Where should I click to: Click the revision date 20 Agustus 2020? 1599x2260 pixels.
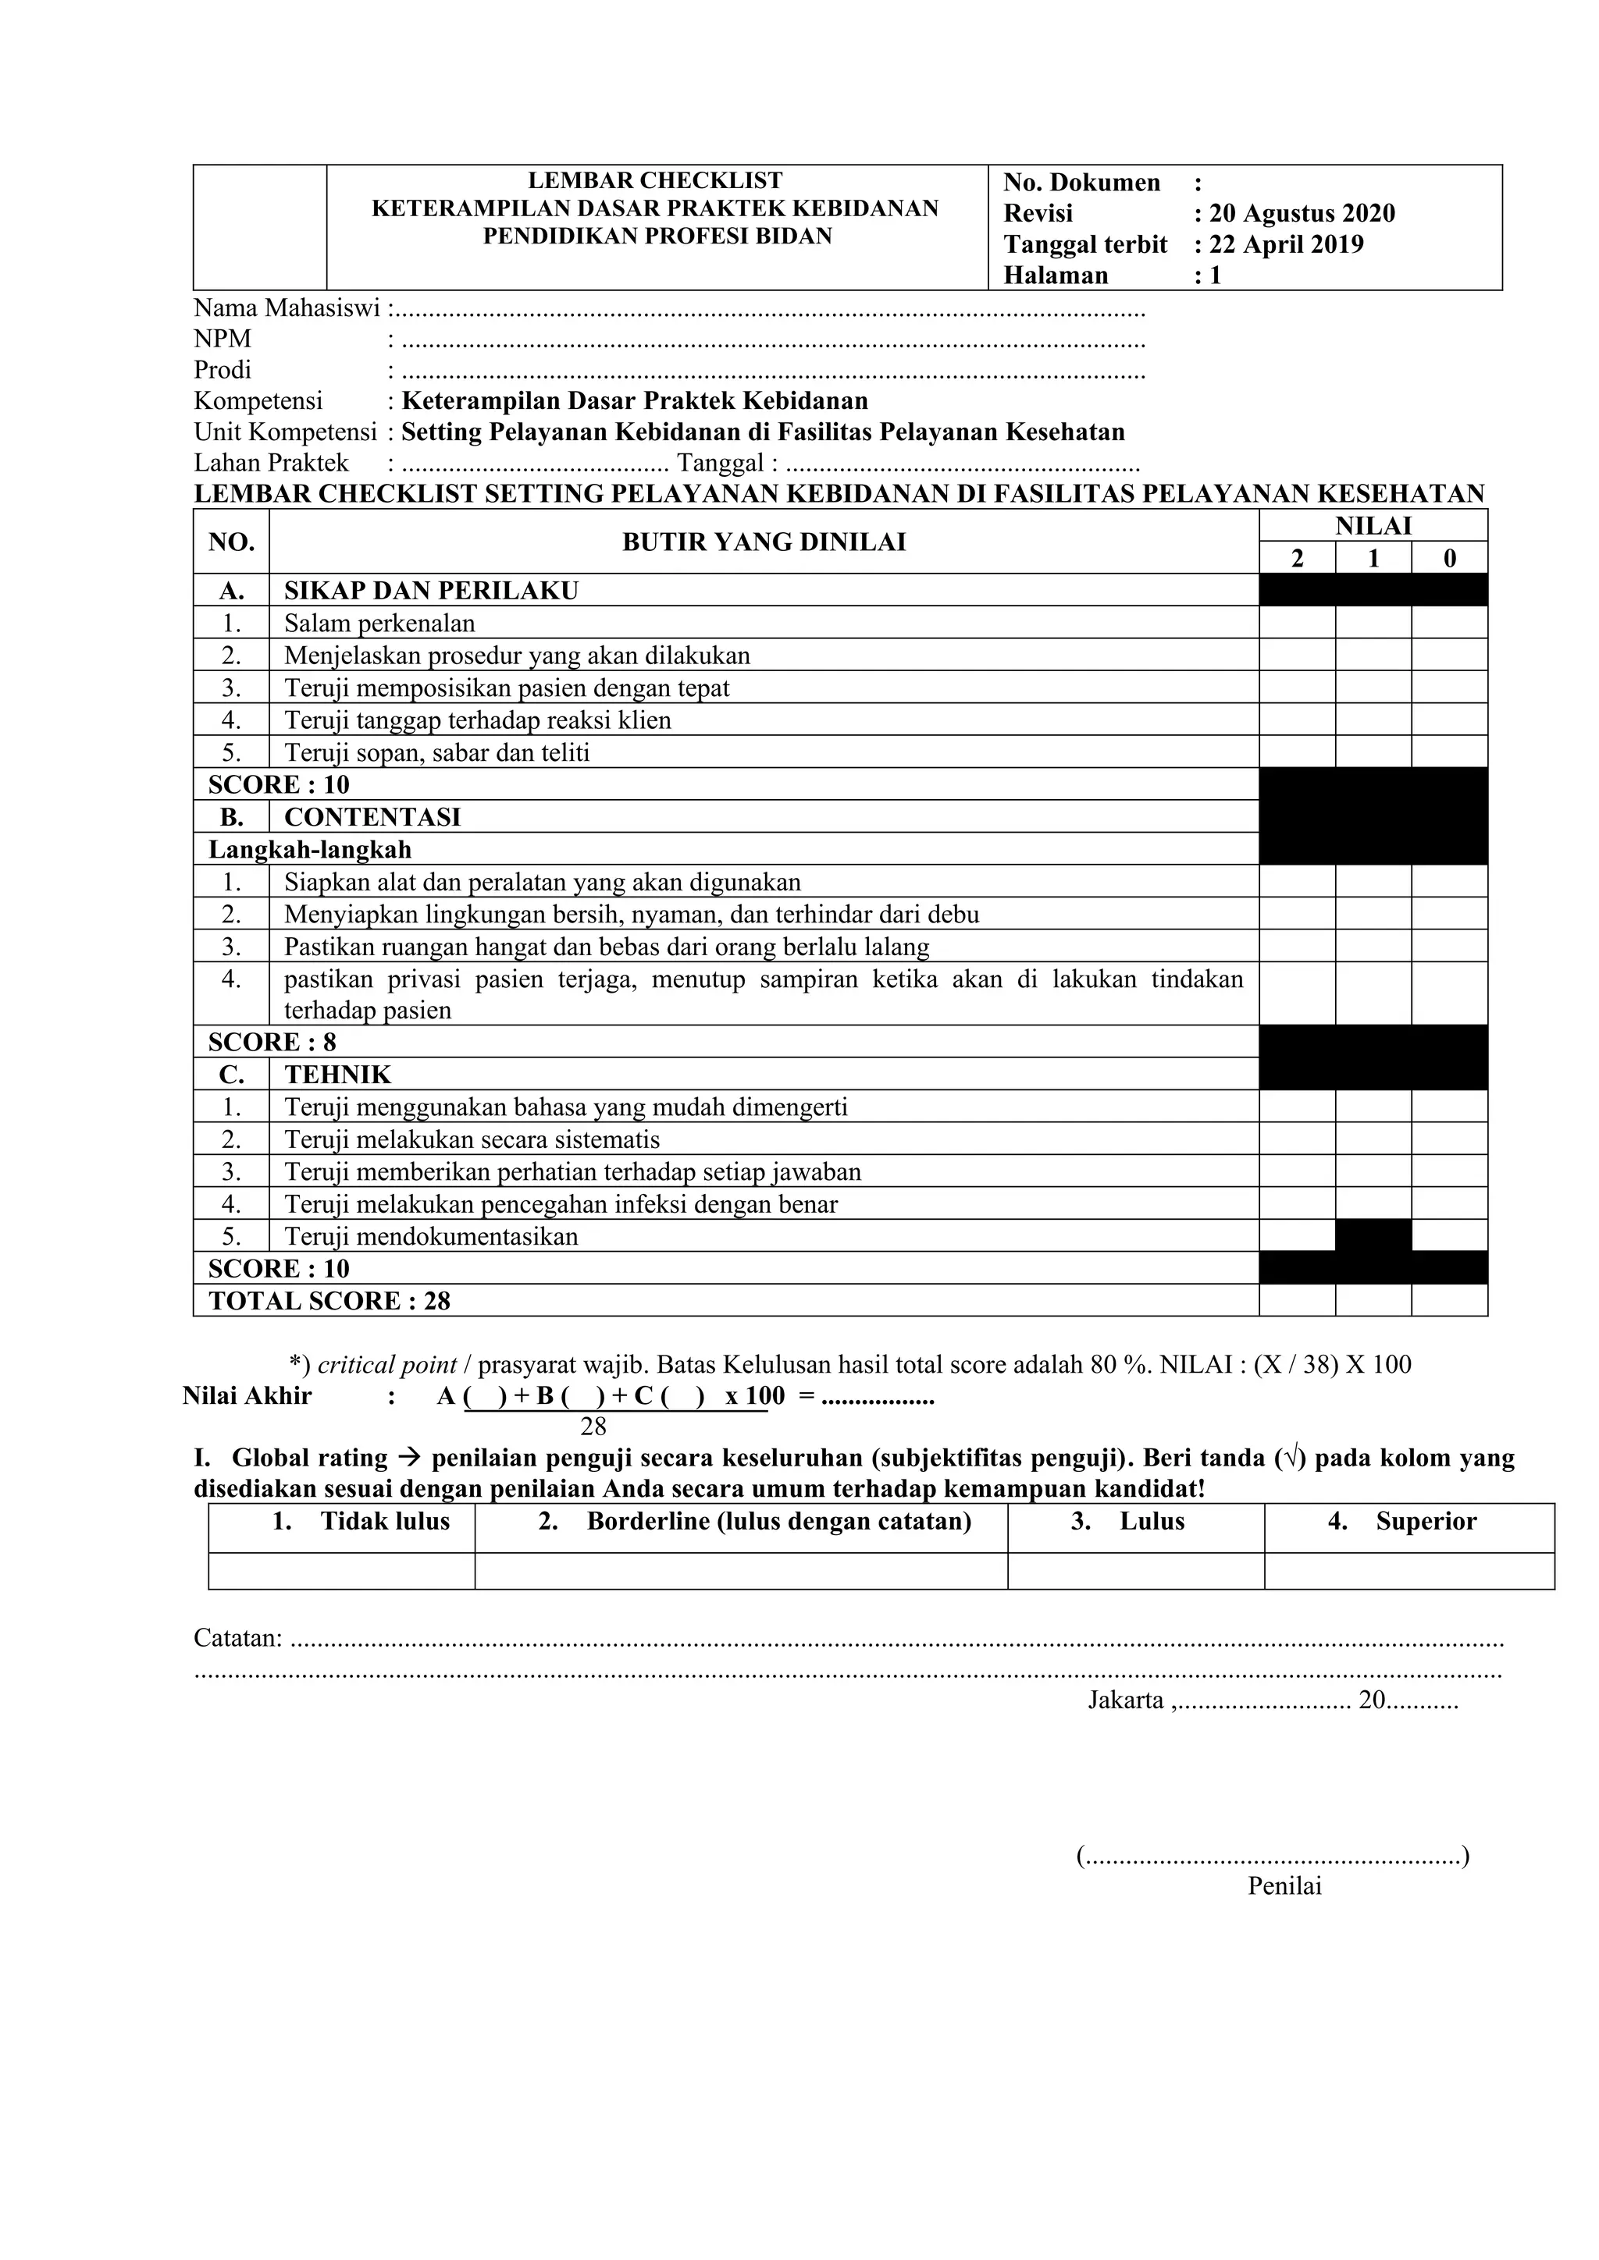coord(1301,214)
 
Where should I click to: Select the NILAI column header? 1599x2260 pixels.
coord(1373,526)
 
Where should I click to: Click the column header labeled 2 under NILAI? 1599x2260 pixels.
coord(1297,559)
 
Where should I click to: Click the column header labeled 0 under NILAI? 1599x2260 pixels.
coord(1449,559)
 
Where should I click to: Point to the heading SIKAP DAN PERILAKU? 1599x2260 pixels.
coord(431,591)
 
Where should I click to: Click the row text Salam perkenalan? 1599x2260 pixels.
coord(379,623)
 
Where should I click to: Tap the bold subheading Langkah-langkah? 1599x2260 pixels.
coord(309,850)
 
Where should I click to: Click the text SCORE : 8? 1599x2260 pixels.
coord(272,1041)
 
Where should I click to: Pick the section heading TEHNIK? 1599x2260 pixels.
coord(338,1074)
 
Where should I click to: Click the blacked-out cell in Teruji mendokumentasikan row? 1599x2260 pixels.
coord(1373,1235)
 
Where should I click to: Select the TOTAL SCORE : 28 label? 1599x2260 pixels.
coord(329,1300)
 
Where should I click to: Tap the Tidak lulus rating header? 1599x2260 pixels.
coord(361,1521)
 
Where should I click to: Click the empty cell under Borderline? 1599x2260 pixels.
coord(740,1571)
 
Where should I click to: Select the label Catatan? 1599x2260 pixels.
coord(237,1638)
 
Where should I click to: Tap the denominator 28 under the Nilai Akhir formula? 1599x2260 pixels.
coord(593,1427)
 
